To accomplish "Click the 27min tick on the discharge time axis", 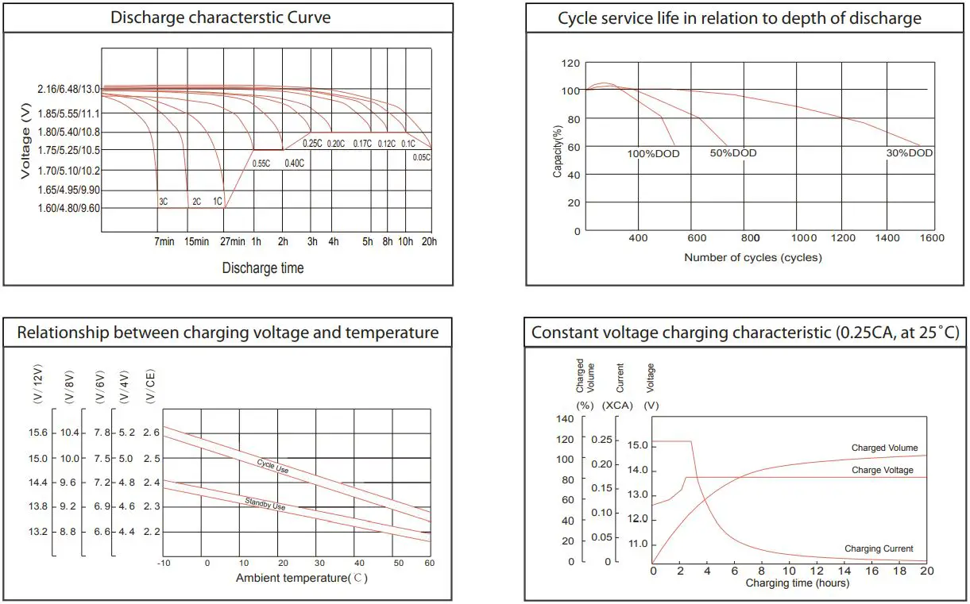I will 233,241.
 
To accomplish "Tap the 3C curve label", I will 163,202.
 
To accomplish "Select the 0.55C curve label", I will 262,164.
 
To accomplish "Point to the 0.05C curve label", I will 422,157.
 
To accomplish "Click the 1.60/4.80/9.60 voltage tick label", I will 68,209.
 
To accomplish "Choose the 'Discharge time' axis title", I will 263,268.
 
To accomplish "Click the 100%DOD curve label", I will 654,154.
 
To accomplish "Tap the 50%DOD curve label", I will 733,153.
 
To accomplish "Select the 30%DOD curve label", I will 910,153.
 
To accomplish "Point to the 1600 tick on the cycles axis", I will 933,238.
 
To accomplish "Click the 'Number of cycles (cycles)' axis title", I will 753,258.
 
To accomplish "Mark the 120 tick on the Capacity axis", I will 570,63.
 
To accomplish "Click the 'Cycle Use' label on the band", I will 273,466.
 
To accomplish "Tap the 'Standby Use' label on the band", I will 266,501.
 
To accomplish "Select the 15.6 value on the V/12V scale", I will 38,433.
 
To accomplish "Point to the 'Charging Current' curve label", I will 879,548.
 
